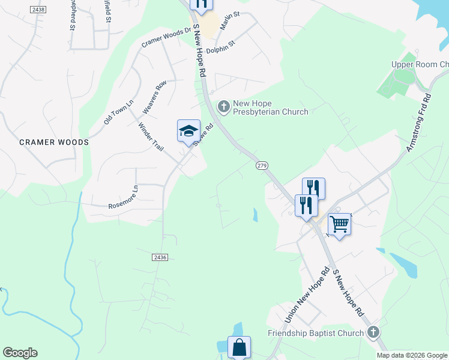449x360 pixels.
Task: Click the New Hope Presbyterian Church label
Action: pyautogui.click(x=270, y=107)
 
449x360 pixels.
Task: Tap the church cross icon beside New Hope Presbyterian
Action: pyautogui.click(x=223, y=107)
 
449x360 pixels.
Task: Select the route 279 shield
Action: pyautogui.click(x=261, y=165)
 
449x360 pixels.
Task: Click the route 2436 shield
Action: pyautogui.click(x=159, y=257)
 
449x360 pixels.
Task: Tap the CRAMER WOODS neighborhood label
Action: pyautogui.click(x=54, y=142)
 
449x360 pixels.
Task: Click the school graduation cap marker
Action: pyautogui.click(x=188, y=131)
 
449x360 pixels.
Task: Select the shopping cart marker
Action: pyautogui.click(x=339, y=225)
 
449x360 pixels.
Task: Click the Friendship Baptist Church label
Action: pyautogui.click(x=316, y=333)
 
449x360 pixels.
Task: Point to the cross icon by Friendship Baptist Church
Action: pyautogui.click(x=373, y=332)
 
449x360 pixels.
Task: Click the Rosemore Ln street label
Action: pyautogui.click(x=123, y=197)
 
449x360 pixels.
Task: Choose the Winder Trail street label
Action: pyautogui.click(x=151, y=137)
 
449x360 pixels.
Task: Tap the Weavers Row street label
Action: pyautogui.click(x=154, y=98)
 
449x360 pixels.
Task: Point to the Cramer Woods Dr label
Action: pyautogui.click(x=166, y=37)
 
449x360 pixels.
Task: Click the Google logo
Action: pyautogui.click(x=20, y=353)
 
